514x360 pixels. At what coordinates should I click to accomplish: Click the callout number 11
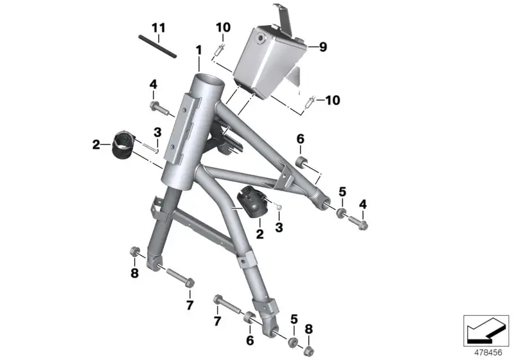coord(158,28)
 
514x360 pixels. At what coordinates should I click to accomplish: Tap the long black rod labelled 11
coord(157,46)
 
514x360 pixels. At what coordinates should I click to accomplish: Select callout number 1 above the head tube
coord(199,51)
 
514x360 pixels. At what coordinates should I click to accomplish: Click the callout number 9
coord(323,47)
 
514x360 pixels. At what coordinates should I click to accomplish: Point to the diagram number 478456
coord(488,352)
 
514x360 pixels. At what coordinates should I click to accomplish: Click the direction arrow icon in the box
coord(486,330)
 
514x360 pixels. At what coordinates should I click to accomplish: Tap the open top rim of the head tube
coord(208,80)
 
